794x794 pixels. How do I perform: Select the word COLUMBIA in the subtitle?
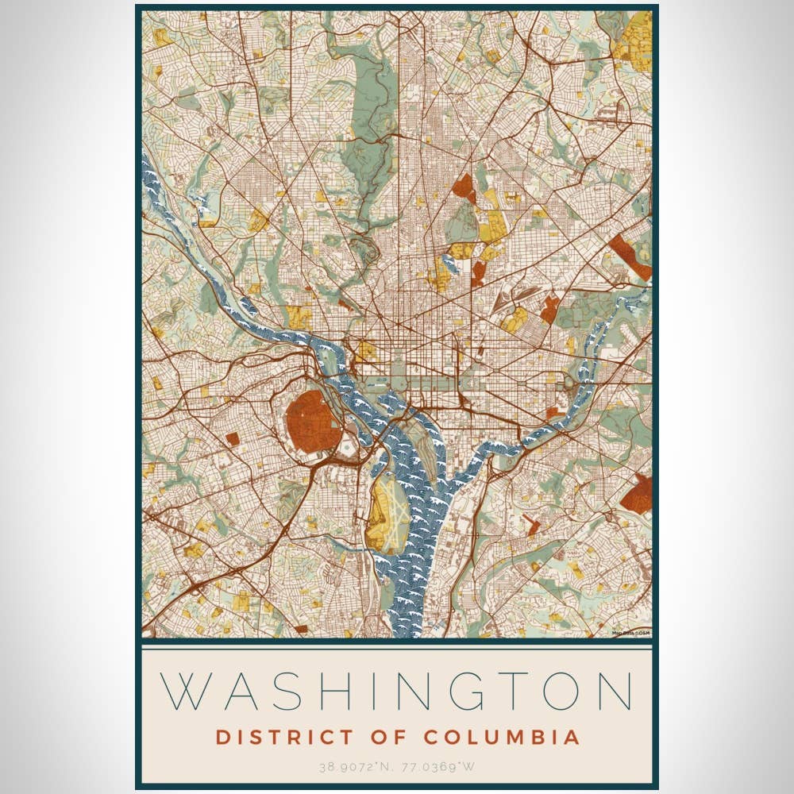click(502, 737)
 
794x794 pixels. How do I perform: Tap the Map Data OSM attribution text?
click(631, 632)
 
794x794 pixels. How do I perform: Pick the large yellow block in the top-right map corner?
click(634, 36)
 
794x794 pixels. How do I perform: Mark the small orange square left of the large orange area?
click(232, 438)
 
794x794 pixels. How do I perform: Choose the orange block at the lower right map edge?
click(637, 494)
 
